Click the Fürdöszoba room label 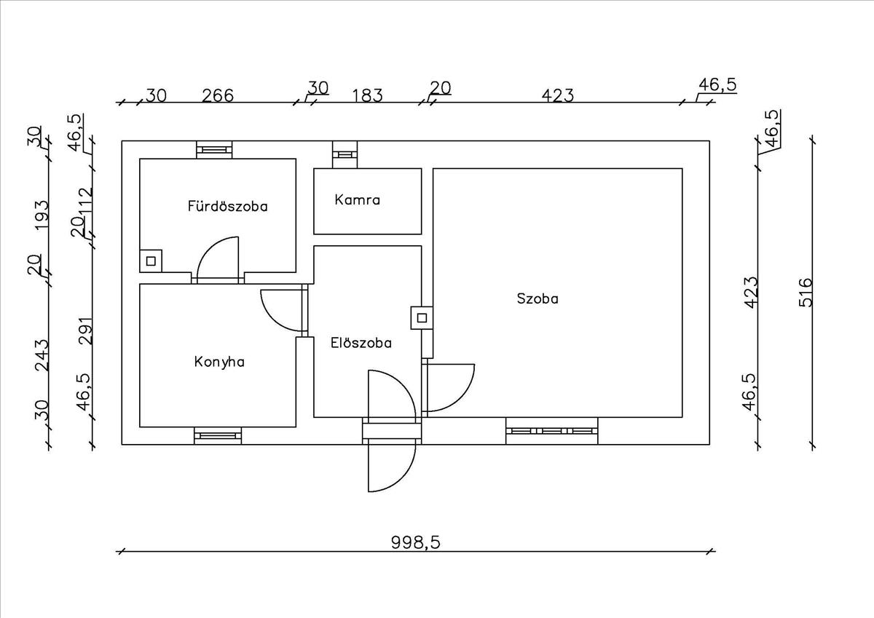coord(227,206)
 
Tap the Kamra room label coord(357,199)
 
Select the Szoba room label coord(538,298)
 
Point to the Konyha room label coord(219,361)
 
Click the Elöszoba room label coord(361,342)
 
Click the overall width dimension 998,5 coord(416,542)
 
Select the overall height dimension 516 coord(804,293)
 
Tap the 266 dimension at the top coord(218,95)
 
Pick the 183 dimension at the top coord(367,95)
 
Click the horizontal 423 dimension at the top coord(558,95)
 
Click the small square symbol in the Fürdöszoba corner coord(151,260)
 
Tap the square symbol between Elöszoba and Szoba coord(422,317)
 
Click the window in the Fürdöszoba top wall coord(215,150)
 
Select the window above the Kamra coord(345,154)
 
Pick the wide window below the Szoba coord(551,431)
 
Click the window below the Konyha coord(218,436)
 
